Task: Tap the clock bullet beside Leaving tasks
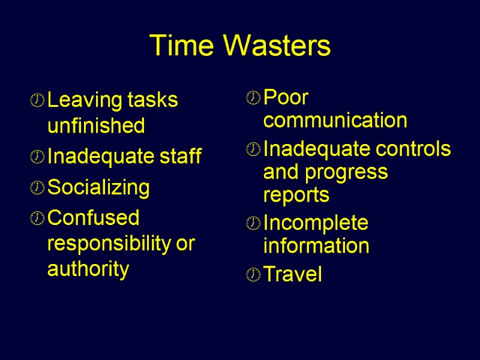coord(37,101)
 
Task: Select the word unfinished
coord(96,126)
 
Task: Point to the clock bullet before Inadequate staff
coord(37,158)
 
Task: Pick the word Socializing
coord(98,188)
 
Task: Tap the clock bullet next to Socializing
coord(37,189)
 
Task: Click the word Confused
coord(93,217)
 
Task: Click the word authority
coord(88,269)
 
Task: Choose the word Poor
coord(286,96)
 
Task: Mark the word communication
coord(335,121)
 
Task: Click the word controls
coord(413,148)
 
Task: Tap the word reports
coord(296,195)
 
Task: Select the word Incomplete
coord(316,223)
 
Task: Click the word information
coord(316,246)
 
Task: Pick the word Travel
coord(293,275)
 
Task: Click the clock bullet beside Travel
coord(253,276)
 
